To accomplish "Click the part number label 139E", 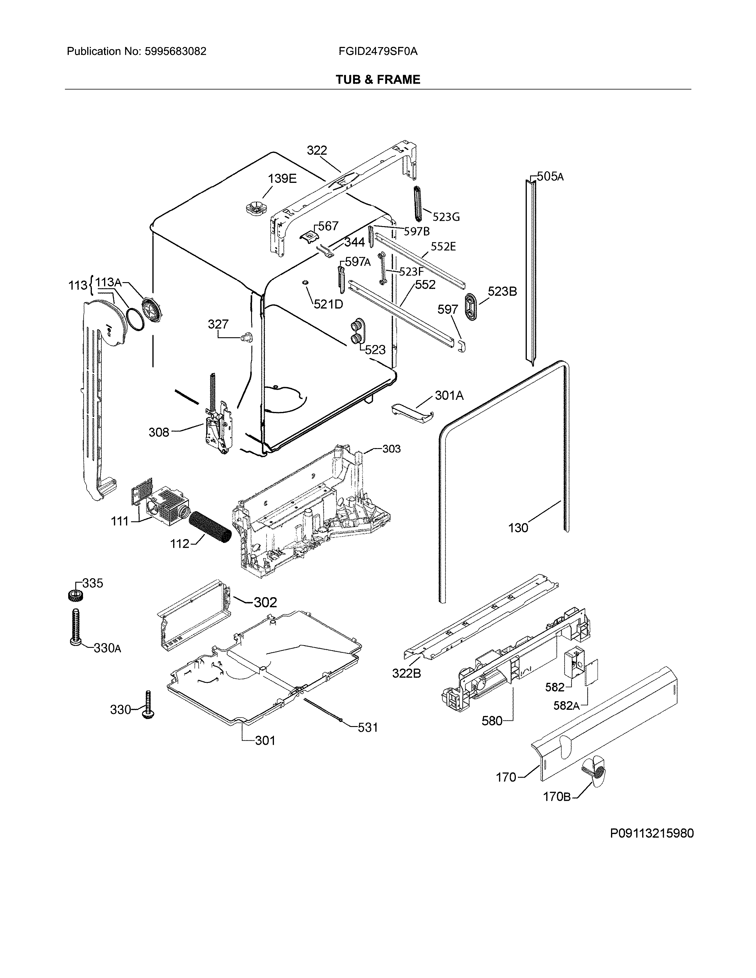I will pyautogui.click(x=282, y=179).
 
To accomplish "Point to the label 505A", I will pyautogui.click(x=550, y=176).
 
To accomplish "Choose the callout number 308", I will pyautogui.click(x=159, y=432).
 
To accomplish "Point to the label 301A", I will pyautogui.click(x=449, y=395).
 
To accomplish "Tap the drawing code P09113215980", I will pyautogui.click(x=652, y=833).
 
